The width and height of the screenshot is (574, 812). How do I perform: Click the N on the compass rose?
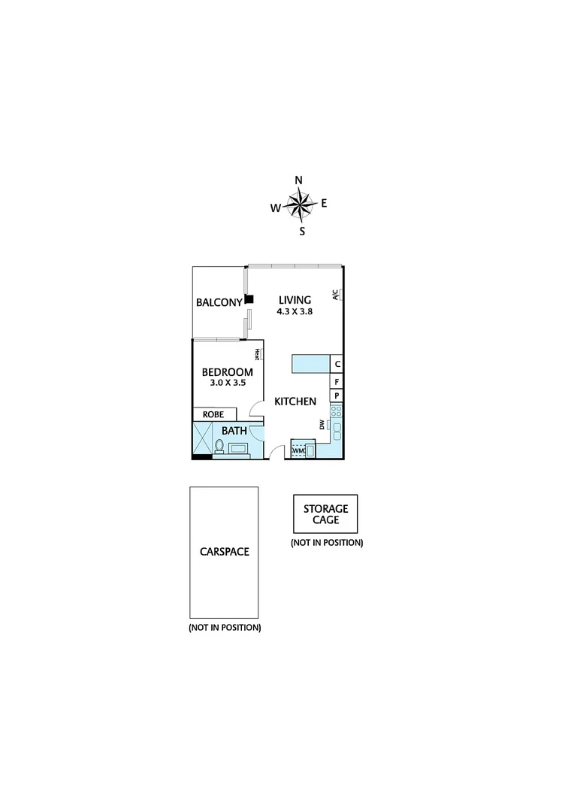pos(298,180)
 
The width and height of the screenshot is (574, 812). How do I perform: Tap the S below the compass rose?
pos(302,232)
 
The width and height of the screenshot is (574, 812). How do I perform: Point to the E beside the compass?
pos(324,203)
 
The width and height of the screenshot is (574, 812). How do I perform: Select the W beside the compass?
pos(276,208)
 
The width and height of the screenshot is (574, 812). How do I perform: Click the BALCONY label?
pos(219,303)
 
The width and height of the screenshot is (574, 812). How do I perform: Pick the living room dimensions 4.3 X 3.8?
pos(295,312)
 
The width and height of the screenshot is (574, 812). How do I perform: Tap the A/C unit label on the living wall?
pos(337,295)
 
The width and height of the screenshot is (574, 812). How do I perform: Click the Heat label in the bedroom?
pos(257,354)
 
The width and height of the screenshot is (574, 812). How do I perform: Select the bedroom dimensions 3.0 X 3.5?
pos(228,383)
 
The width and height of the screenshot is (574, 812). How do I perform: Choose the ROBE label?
pos(214,414)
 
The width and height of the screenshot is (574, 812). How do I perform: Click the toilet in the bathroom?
pos(219,447)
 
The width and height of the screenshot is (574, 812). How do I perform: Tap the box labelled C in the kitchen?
pos(337,365)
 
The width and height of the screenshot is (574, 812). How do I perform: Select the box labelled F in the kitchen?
pos(337,381)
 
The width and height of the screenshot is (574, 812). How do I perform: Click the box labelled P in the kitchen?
pos(337,396)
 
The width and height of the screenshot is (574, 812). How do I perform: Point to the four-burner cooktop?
pos(337,412)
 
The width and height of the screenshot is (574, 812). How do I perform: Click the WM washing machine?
pos(299,450)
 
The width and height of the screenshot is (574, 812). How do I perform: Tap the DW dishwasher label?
pos(322,425)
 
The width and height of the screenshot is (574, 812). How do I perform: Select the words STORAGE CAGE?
pos(325,514)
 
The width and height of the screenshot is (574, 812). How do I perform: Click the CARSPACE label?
pos(224,551)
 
